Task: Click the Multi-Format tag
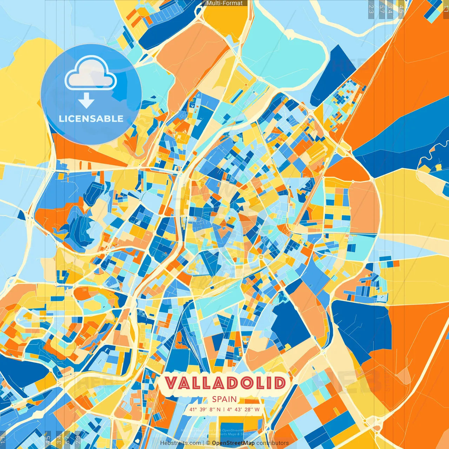224,3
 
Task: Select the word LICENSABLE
91,119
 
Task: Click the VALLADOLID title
225,383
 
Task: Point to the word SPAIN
224,399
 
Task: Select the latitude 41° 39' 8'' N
205,409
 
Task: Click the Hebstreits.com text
180,443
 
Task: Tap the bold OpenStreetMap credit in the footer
233,443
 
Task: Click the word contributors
273,443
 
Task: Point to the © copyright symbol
208,443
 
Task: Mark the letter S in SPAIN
214,399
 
